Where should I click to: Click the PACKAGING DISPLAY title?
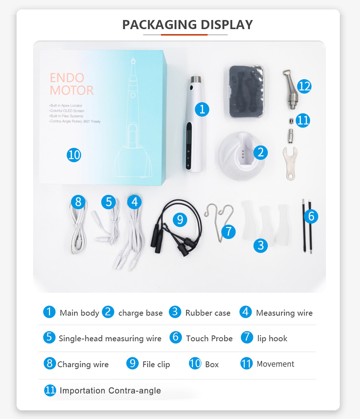(187, 24)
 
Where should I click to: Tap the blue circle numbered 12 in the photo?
(304, 86)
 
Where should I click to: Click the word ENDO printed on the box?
(67, 78)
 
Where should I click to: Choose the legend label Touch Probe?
(209, 338)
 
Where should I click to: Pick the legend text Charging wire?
(83, 364)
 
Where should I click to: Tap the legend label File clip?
(156, 364)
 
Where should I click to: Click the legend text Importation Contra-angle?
(110, 390)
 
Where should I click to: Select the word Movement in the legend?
(275, 364)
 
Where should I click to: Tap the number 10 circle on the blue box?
(74, 155)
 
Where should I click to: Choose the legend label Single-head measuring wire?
(110, 338)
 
